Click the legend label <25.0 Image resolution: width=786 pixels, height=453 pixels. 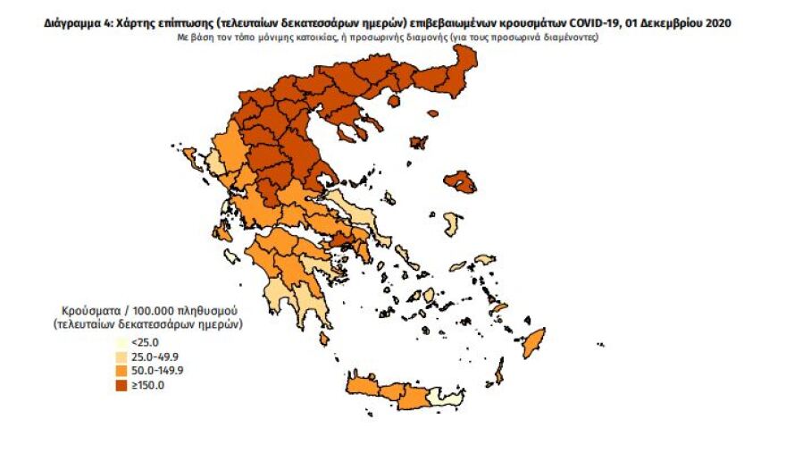145,342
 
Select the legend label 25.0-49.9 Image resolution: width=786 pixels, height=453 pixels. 152,357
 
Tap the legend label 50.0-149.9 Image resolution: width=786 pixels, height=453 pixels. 155,371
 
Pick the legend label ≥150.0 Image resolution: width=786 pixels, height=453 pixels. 148,385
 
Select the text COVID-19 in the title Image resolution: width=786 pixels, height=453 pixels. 620,24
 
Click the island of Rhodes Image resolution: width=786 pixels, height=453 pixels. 534,340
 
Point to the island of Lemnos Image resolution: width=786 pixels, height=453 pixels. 417,142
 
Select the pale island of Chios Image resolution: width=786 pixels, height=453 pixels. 453,222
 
